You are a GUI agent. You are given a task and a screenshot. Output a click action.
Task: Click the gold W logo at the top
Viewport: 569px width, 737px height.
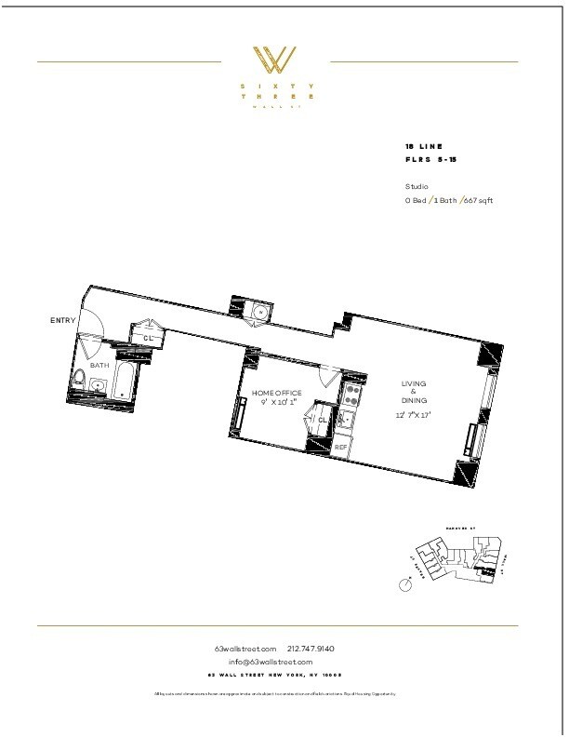[276, 60]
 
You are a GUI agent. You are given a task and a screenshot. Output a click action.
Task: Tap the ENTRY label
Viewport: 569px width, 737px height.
[62, 321]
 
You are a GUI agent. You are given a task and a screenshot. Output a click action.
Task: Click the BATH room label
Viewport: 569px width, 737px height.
[99, 366]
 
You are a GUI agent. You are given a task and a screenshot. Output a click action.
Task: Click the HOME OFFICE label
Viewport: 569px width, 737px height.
[276, 394]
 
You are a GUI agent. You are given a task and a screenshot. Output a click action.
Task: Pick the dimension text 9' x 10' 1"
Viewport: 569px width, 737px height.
[276, 403]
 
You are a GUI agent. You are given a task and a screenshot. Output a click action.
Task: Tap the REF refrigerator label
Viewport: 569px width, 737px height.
[341, 447]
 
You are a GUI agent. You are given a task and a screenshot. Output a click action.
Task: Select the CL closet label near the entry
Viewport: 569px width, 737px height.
[148, 338]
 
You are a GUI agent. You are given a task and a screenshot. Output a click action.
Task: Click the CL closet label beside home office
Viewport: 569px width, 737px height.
[323, 420]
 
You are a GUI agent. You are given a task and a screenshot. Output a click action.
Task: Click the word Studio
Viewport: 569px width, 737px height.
[417, 186]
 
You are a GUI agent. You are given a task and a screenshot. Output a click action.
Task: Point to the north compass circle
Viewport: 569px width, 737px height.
[404, 584]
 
